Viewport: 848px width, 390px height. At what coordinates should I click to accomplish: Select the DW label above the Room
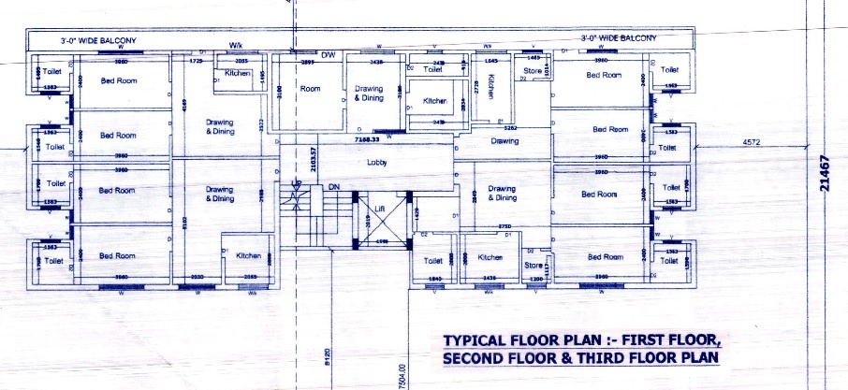tap(329, 56)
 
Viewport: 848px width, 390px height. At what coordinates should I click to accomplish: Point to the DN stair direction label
tap(332, 187)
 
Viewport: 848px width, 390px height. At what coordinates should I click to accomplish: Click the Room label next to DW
tap(310, 90)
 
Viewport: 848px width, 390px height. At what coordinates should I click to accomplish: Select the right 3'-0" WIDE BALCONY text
tap(618, 38)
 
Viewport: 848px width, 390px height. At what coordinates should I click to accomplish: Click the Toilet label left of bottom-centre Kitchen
tap(432, 261)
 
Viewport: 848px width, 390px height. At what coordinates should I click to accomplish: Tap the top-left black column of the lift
tap(356, 195)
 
